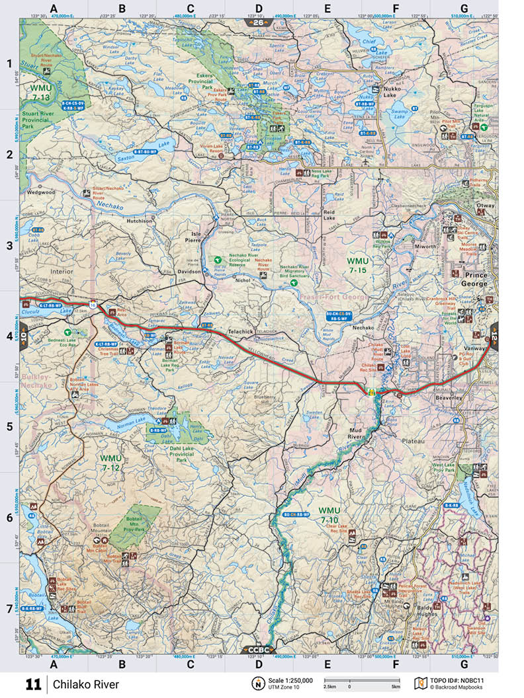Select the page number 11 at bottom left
(x=33, y=683)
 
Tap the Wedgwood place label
(x=41, y=192)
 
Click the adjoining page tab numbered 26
(x=257, y=22)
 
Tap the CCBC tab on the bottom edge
(x=258, y=649)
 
